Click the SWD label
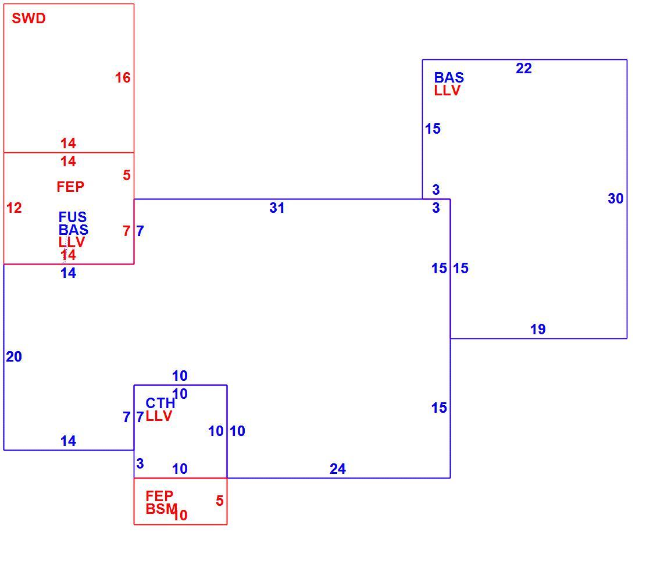point(28,19)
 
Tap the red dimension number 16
point(123,77)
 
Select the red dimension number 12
point(14,208)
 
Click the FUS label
point(73,217)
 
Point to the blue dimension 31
point(277,208)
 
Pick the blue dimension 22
point(524,68)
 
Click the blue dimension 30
point(616,199)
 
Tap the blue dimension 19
point(538,329)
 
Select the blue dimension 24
point(338,469)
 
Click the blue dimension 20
point(14,357)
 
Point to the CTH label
point(160,403)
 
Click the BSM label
point(161,509)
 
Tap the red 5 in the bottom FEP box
point(220,501)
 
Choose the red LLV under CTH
point(159,416)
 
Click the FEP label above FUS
point(70,187)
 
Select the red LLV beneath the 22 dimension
point(447,91)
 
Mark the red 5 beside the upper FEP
point(127,175)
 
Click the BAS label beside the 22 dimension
point(449,77)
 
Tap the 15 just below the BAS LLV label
point(433,128)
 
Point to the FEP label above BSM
point(159,496)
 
